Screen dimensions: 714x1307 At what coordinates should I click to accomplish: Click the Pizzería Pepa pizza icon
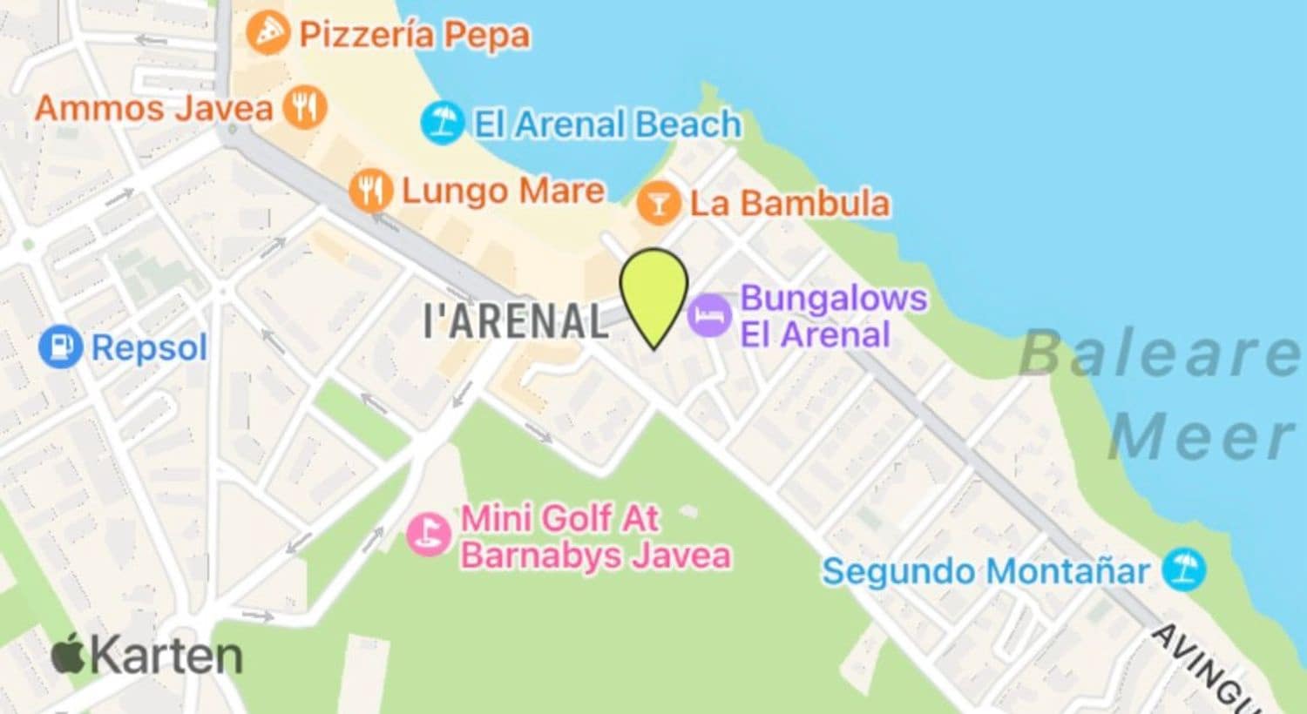click(x=267, y=33)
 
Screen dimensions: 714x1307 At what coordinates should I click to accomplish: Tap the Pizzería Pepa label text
click(x=414, y=35)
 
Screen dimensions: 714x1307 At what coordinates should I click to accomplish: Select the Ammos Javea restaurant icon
click(x=305, y=108)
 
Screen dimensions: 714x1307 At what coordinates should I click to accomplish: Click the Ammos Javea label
click(x=153, y=109)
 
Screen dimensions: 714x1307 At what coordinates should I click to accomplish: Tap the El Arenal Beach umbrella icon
click(x=442, y=123)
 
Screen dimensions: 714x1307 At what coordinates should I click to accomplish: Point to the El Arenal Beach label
click(x=607, y=124)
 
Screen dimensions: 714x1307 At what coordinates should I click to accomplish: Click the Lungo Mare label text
click(x=503, y=191)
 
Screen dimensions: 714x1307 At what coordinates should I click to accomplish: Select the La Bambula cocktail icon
click(x=658, y=204)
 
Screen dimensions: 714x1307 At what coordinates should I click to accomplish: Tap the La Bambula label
click(x=790, y=204)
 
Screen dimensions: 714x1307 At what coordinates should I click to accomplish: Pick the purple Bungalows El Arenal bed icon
click(x=709, y=314)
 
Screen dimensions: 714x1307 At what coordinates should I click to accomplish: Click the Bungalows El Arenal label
click(x=832, y=315)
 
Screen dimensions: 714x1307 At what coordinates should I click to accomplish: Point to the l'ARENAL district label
click(x=516, y=320)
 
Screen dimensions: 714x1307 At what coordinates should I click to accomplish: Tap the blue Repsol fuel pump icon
click(x=60, y=347)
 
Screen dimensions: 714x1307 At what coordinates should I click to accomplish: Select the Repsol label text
click(x=149, y=348)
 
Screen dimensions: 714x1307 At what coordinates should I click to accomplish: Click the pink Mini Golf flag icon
click(x=429, y=533)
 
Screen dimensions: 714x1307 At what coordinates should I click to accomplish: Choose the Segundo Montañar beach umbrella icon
click(x=1184, y=570)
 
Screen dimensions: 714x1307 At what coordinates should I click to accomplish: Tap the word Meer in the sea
click(x=1202, y=436)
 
